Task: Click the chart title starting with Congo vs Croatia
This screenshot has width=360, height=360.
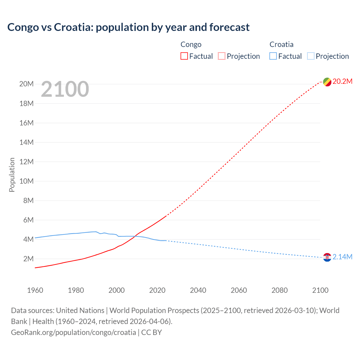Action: coord(128,27)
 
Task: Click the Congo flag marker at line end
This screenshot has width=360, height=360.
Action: coord(327,82)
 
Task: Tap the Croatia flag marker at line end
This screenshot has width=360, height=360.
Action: coord(327,257)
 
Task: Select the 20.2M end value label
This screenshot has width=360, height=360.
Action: coord(342,82)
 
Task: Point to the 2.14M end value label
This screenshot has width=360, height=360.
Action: coord(342,257)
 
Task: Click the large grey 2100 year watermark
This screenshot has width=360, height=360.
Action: coord(65,89)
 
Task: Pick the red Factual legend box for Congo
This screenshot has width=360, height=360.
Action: coord(184,56)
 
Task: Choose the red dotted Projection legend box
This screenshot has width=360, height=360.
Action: coord(221,56)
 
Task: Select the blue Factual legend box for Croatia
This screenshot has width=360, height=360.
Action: coord(273,56)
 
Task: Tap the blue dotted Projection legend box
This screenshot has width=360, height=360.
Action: coord(310,56)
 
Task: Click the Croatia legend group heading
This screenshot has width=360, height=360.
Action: coord(281,44)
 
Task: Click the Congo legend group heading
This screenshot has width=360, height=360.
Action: coord(191,44)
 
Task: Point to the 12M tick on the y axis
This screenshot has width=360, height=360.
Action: coord(26,162)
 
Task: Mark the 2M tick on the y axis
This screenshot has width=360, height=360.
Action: coord(28,259)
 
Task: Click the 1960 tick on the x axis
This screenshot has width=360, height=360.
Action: coord(35,290)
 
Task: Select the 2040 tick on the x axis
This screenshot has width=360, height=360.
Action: coord(198,290)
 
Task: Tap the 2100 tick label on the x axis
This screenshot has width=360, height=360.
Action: coord(320,290)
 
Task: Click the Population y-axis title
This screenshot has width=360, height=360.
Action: coord(12,175)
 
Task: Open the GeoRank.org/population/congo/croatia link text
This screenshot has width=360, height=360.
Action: coord(73,332)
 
